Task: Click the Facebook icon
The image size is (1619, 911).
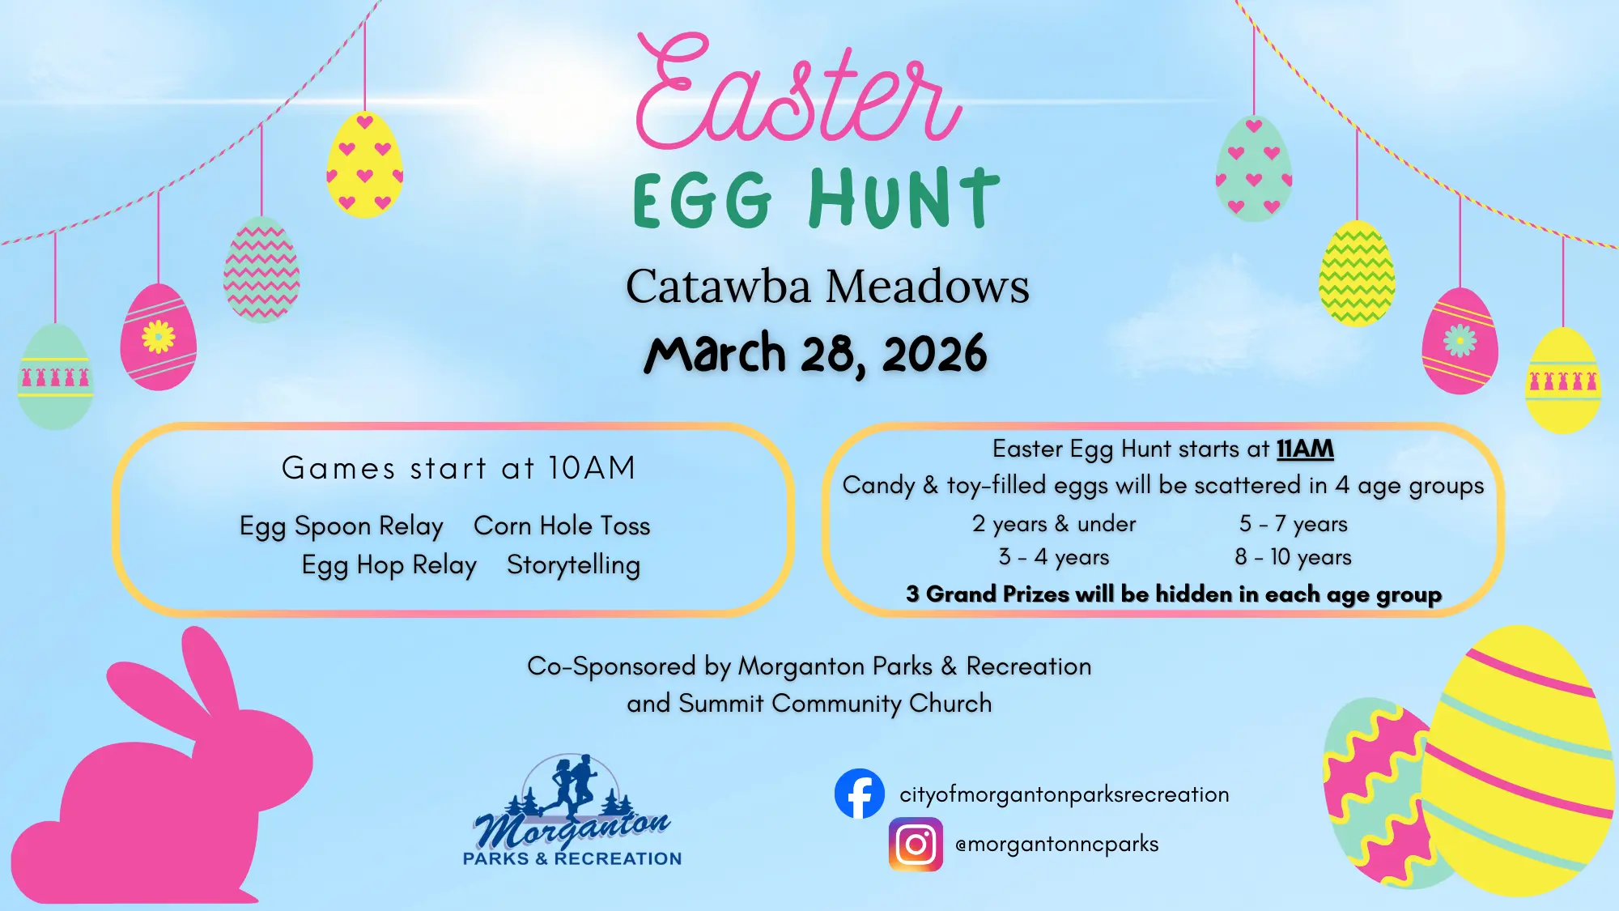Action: point(859,794)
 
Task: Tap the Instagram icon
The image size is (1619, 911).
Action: point(916,844)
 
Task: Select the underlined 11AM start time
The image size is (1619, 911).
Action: point(1305,449)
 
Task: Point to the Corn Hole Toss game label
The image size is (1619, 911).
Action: point(562,526)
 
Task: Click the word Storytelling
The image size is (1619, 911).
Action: point(573,564)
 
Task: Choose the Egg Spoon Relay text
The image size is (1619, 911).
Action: point(341,526)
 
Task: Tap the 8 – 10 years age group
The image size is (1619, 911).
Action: point(1293,557)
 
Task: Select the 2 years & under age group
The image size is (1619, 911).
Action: point(1054,524)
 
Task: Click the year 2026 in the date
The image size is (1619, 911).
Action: point(934,354)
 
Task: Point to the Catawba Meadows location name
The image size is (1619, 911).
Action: point(826,287)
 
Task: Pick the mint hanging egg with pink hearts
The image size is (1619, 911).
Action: point(1253,168)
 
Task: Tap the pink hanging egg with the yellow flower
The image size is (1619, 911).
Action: point(159,337)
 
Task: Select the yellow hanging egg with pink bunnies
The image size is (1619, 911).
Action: point(1562,381)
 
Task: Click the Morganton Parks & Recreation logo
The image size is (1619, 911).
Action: point(572,812)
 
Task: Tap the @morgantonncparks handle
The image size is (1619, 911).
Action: point(1056,844)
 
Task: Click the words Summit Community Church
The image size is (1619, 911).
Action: point(835,703)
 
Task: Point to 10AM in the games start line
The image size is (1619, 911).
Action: point(592,468)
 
